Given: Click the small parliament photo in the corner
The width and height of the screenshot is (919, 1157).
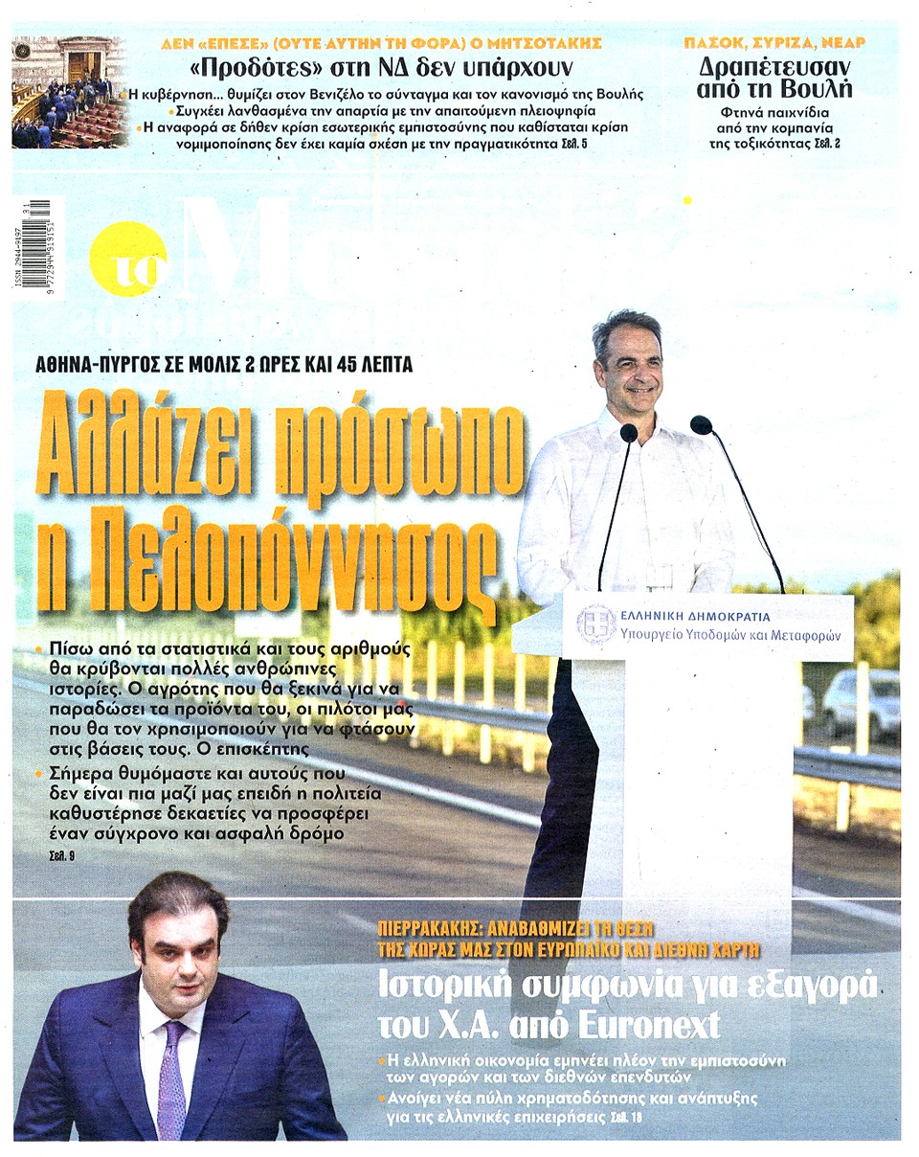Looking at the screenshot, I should (x=69, y=92).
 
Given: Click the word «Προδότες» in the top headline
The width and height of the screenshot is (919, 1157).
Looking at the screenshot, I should (x=233, y=68).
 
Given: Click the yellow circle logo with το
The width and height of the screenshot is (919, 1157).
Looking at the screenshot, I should (x=128, y=259).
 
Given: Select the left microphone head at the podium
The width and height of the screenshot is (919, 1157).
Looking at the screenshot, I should (x=629, y=433).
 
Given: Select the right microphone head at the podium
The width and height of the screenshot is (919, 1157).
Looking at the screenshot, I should (x=702, y=424).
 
